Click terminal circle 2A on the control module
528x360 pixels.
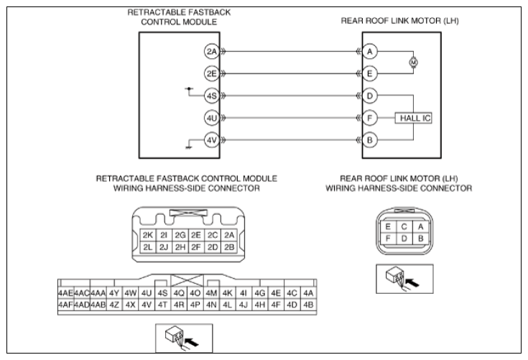point(211,52)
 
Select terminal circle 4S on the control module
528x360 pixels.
point(211,96)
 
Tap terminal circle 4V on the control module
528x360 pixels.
point(211,140)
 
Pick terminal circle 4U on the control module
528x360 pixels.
point(211,119)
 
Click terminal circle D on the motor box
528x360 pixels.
point(370,96)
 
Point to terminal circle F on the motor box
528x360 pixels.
point(370,119)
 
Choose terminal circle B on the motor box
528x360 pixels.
point(370,140)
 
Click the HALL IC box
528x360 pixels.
point(414,119)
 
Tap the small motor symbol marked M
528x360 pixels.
point(414,63)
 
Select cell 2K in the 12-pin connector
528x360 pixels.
point(147,235)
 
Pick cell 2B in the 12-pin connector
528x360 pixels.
point(229,247)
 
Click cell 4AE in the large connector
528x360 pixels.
point(65,293)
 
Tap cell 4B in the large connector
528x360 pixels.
point(308,305)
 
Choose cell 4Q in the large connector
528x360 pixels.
point(179,293)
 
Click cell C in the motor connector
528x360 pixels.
point(404,226)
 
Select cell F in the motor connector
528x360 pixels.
point(388,239)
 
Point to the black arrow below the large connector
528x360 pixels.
point(192,342)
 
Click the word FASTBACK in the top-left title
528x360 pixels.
point(208,12)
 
